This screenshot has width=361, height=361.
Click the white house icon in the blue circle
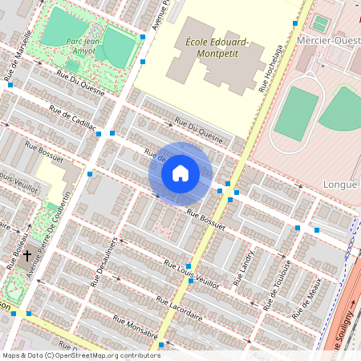(x=180, y=173)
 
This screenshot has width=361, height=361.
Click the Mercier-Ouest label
(x=326, y=39)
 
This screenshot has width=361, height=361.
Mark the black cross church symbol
(x=26, y=256)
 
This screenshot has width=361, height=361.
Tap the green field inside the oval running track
(x=296, y=112)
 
